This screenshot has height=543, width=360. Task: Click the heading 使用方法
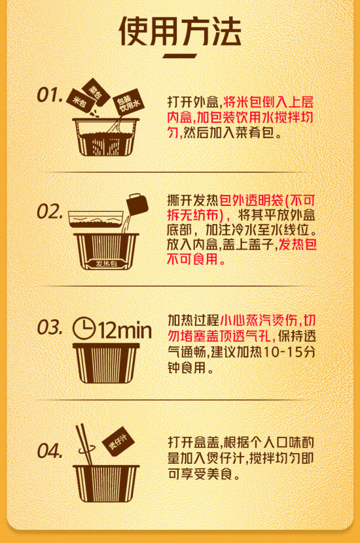click(179, 32)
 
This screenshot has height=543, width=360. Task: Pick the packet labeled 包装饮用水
click(128, 103)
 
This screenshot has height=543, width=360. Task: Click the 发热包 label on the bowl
click(107, 264)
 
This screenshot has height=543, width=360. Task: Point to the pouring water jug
click(137, 203)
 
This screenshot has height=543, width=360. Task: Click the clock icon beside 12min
click(84, 328)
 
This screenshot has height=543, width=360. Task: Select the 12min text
click(125, 330)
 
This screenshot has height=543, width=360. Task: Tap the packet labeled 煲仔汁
click(118, 441)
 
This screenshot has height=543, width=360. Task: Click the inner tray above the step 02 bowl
click(96, 220)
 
